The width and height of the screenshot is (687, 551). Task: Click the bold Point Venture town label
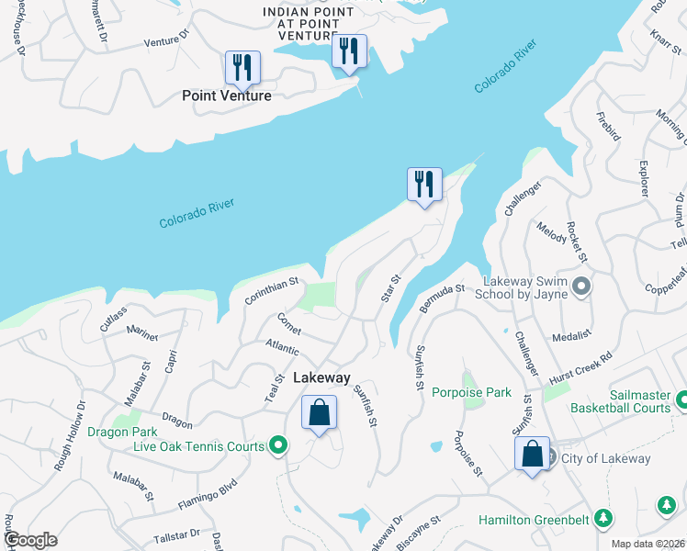(x=226, y=96)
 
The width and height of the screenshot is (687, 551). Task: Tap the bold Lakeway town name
(x=321, y=377)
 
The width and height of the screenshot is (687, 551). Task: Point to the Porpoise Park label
(x=471, y=392)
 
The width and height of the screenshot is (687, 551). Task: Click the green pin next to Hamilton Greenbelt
(x=603, y=520)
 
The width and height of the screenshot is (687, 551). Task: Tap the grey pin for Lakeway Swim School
(x=580, y=287)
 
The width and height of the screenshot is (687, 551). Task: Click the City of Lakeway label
(x=606, y=459)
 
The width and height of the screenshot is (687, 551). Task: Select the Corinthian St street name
(x=272, y=292)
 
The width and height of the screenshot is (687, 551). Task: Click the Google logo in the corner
(x=30, y=540)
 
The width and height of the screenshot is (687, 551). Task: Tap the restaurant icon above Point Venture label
(x=242, y=66)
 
